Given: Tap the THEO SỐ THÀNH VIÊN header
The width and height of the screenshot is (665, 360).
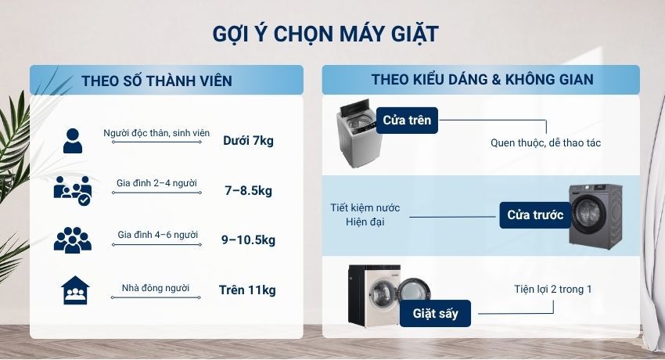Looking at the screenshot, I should click(156, 81).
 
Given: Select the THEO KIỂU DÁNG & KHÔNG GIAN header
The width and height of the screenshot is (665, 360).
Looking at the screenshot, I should click(482, 80).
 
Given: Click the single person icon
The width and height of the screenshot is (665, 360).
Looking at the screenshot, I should click(72, 140).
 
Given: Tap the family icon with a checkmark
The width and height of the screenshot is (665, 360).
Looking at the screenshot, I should click(72, 190).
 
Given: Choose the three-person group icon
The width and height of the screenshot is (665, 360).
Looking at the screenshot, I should click(72, 239).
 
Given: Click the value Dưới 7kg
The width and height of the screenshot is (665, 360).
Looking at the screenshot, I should click(248, 141).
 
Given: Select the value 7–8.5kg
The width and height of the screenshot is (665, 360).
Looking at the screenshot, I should click(248, 190).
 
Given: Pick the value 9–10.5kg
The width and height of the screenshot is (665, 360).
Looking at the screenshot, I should click(248, 239).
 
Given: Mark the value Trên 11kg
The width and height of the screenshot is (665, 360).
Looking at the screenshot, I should click(248, 290).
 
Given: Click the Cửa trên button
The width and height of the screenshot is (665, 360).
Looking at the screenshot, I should click(407, 121).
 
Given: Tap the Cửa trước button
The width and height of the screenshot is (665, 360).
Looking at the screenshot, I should click(535, 215).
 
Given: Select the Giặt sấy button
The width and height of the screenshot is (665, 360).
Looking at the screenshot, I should click(435, 314).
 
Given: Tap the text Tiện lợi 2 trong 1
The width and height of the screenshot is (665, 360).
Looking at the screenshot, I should click(553, 290).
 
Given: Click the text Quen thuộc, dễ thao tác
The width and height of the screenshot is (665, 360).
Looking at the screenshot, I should click(545, 143).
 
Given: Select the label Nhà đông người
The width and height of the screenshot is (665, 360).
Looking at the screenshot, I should click(156, 288).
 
